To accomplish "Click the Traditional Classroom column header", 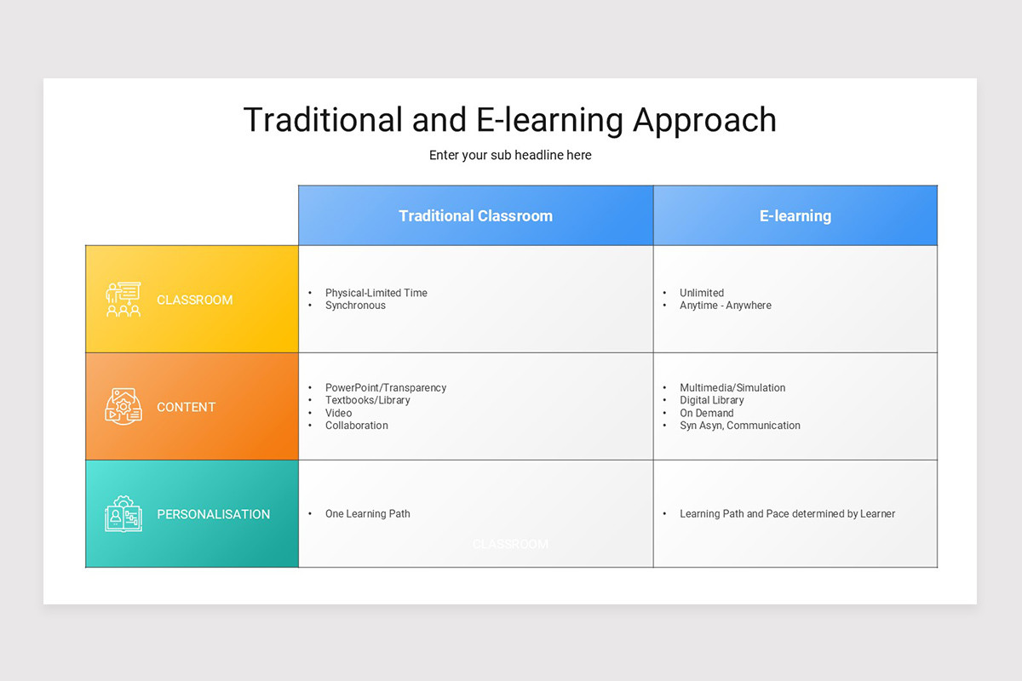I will pos(475,216).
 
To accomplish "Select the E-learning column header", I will pos(795,216).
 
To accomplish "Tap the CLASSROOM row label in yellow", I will pos(194,300).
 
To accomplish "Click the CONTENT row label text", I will pos(186,407).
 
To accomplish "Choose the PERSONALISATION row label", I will pos(213,514).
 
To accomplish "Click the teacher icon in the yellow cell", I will pos(123,300).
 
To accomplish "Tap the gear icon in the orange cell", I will pos(123,407).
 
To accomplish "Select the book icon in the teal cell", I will pos(123,514).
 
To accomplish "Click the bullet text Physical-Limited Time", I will pos(376,293).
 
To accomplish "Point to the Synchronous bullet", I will pos(355,306).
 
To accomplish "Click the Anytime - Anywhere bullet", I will pos(725,306).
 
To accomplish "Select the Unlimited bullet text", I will pos(701,293).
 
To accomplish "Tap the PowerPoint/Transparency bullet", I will pos(385,387).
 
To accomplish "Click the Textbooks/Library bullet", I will pos(367,400).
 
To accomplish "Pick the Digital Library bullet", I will pos(711,400).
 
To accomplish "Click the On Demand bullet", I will pos(706,413).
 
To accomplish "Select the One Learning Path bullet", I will pos(367,513).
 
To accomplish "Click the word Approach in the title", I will pos(704,120).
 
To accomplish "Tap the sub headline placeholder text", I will pos(510,155).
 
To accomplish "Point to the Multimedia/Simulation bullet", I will pos(732,387).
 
